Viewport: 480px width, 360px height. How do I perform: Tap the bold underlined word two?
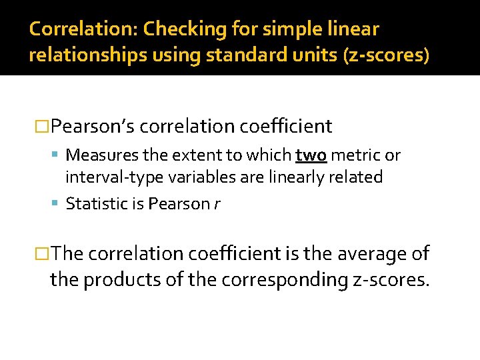pos(311,155)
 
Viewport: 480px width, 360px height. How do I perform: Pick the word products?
pos(125,279)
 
